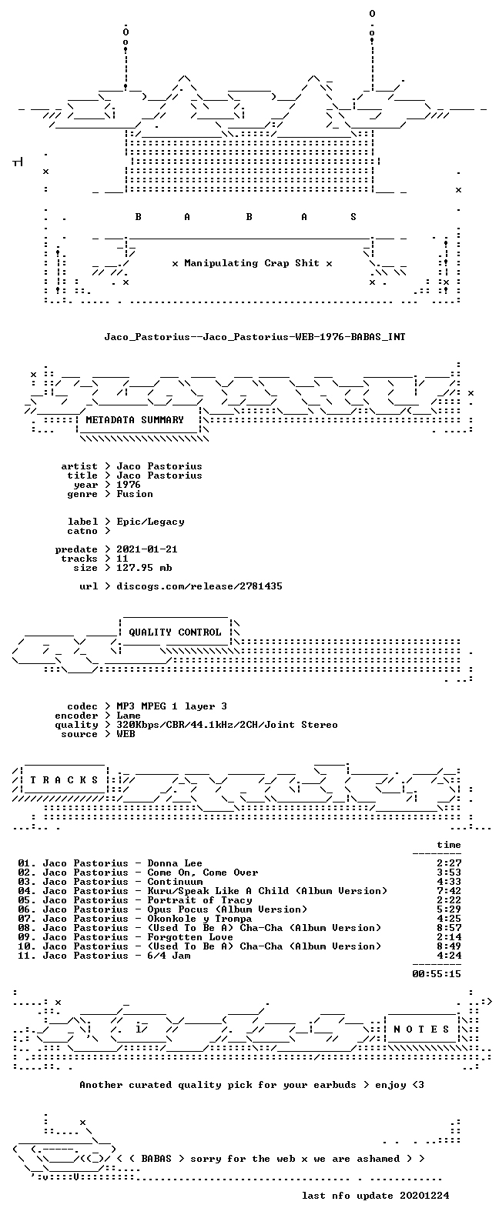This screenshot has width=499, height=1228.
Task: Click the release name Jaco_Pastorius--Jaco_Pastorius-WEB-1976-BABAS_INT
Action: point(255,336)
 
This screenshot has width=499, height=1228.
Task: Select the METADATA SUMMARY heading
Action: point(135,420)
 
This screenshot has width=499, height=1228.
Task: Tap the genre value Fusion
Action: point(135,494)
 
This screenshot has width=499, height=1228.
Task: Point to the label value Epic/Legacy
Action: point(150,522)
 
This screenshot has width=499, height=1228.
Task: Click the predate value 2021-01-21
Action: point(146,549)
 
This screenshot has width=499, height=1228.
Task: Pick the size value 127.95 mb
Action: point(144,568)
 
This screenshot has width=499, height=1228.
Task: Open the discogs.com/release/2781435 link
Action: point(199,586)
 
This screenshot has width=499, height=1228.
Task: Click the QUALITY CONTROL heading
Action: point(175,632)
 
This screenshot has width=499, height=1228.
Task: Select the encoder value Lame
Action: point(129,716)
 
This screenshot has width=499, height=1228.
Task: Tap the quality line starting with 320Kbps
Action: point(226,726)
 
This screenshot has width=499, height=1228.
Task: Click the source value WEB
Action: point(126,735)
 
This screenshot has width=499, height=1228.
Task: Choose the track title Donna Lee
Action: point(175,863)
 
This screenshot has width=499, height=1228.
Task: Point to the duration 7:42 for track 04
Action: point(449,891)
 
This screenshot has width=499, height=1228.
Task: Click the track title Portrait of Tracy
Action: point(199,900)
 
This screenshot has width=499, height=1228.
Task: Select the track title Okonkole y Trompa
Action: point(199,919)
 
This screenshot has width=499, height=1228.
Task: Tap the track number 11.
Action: point(26,956)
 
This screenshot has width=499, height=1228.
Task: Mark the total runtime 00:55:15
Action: point(437,974)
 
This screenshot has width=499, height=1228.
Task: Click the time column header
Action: point(449,845)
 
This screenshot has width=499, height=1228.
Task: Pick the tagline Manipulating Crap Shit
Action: point(251,263)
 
